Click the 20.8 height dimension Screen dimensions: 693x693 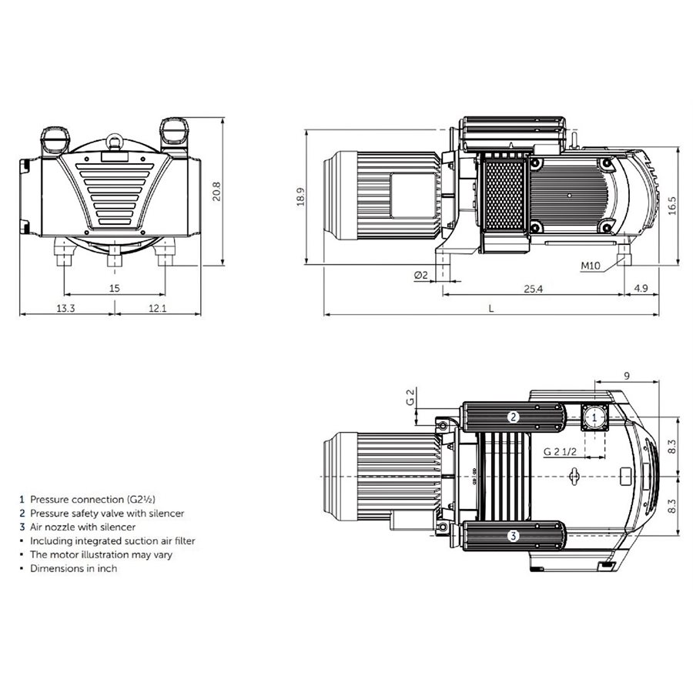pyautogui.click(x=217, y=192)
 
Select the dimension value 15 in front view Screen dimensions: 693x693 pyautogui.click(x=115, y=288)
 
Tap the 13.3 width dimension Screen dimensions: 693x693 pyautogui.click(x=66, y=309)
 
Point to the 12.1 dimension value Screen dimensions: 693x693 pyautogui.click(x=158, y=309)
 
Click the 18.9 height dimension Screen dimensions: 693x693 pyautogui.click(x=300, y=197)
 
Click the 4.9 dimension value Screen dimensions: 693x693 pyautogui.click(x=641, y=288)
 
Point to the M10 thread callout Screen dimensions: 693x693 pyautogui.click(x=590, y=266)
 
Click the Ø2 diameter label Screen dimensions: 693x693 pyautogui.click(x=420, y=275)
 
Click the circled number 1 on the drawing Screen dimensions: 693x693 pyautogui.click(x=594, y=417)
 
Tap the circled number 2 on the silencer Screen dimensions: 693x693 pyautogui.click(x=512, y=417)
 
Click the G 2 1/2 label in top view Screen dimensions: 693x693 pyautogui.click(x=561, y=451)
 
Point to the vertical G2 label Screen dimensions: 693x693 pyautogui.click(x=411, y=397)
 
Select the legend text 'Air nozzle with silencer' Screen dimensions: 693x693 pyautogui.click(x=82, y=527)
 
